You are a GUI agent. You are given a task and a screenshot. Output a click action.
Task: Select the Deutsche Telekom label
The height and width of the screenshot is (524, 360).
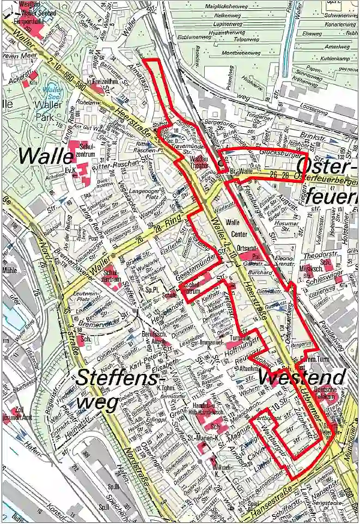[x=326, y=393]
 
